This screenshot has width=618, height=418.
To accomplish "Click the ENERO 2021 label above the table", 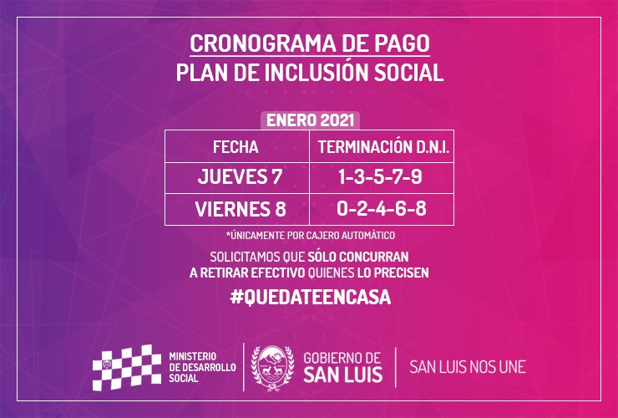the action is click(x=310, y=120).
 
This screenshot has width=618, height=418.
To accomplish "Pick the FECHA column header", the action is click(x=236, y=147).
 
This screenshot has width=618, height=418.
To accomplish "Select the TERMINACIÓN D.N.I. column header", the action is click(x=383, y=147).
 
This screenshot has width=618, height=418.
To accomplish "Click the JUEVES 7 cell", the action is click(x=240, y=176).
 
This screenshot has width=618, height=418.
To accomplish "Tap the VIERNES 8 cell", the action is click(x=241, y=209).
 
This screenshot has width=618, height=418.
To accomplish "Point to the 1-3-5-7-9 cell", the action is click(x=380, y=176).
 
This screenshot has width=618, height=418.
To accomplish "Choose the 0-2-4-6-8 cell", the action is click(x=382, y=208).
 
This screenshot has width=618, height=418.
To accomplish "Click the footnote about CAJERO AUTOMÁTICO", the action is click(x=311, y=235).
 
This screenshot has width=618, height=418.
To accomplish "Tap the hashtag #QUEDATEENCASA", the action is click(x=311, y=298).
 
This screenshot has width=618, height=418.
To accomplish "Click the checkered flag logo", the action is click(x=127, y=368).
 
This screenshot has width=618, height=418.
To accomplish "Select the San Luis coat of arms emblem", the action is click(x=272, y=368).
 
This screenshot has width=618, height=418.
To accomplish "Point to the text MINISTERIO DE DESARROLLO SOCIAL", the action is click(x=202, y=368).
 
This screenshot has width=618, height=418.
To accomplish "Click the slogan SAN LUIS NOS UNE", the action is click(x=468, y=367).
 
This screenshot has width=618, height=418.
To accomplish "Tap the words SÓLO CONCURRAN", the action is click(x=358, y=257).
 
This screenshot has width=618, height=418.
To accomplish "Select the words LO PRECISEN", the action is click(x=393, y=273).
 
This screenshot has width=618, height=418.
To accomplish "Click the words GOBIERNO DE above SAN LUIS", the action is click(x=342, y=358).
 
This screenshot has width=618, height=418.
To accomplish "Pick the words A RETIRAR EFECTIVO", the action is click(x=247, y=273).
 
